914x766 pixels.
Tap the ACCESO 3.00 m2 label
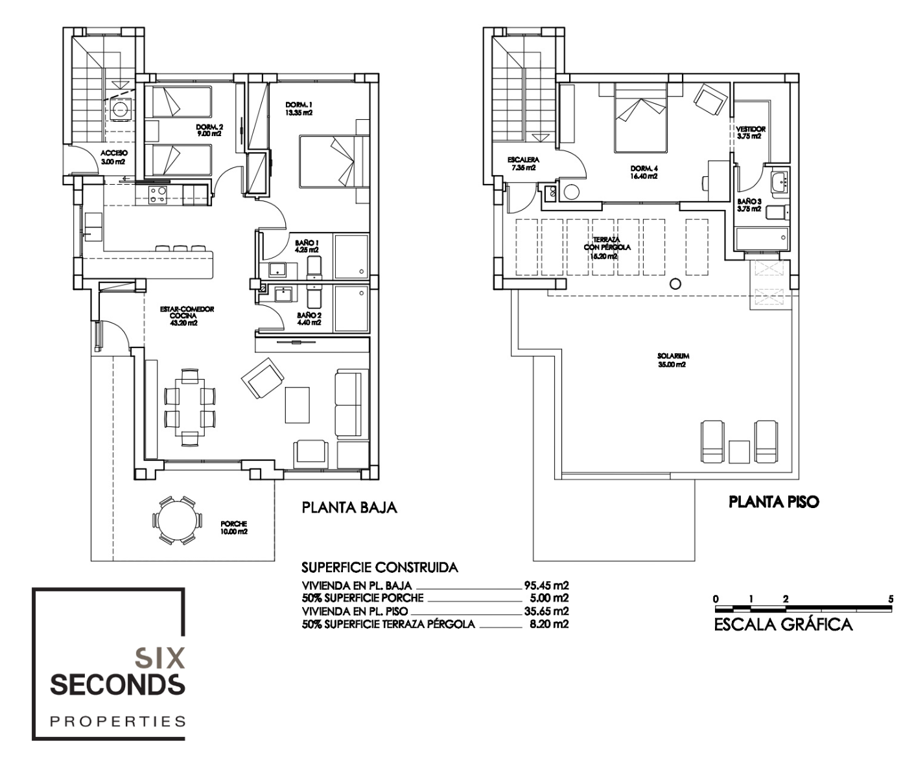click(114, 157)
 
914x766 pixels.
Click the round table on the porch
click(177, 520)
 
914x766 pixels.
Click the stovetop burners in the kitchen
click(158, 195)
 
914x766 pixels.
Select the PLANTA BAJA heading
click(349, 507)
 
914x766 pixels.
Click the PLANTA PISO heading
click(773, 502)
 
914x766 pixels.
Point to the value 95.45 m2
click(546, 585)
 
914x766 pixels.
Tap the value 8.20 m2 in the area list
click(549, 624)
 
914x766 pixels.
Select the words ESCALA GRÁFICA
click(784, 625)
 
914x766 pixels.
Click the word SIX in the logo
click(159, 659)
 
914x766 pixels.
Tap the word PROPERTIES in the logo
click(118, 721)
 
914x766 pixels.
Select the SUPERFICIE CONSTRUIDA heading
click(380, 568)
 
